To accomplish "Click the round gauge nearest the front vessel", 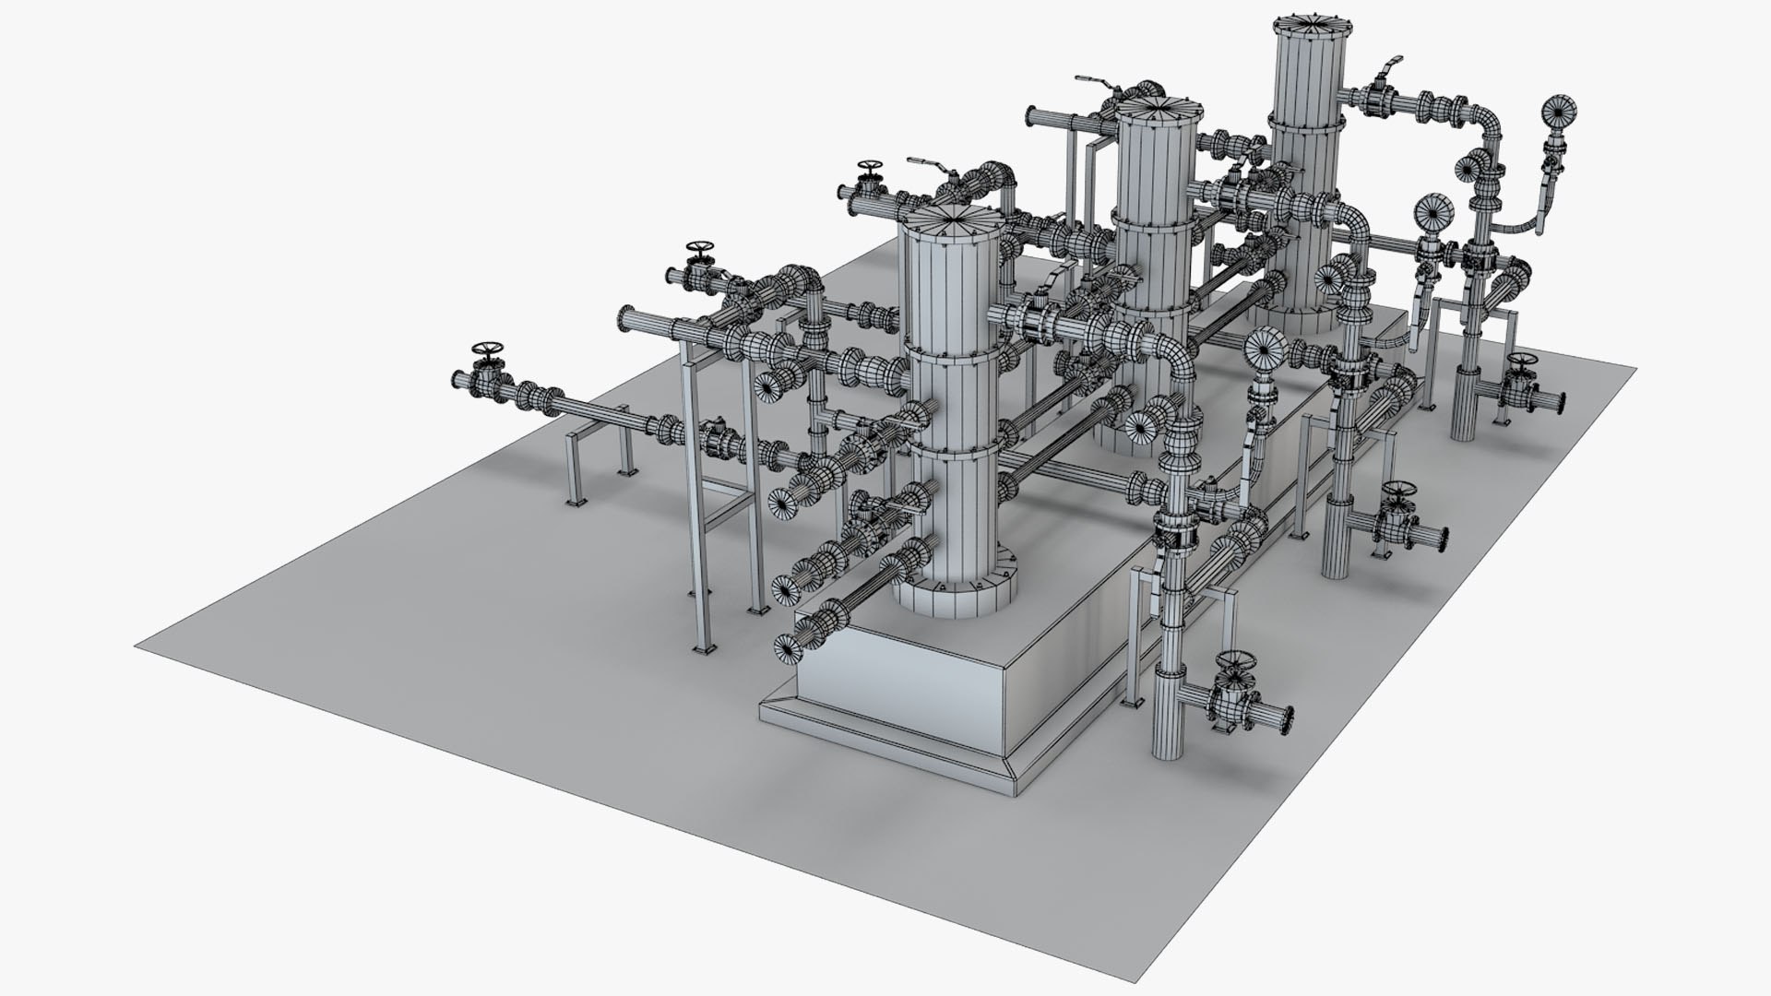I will (x=1265, y=348).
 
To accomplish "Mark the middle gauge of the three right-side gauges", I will (x=1432, y=211).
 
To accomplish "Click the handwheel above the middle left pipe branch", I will (x=700, y=250).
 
